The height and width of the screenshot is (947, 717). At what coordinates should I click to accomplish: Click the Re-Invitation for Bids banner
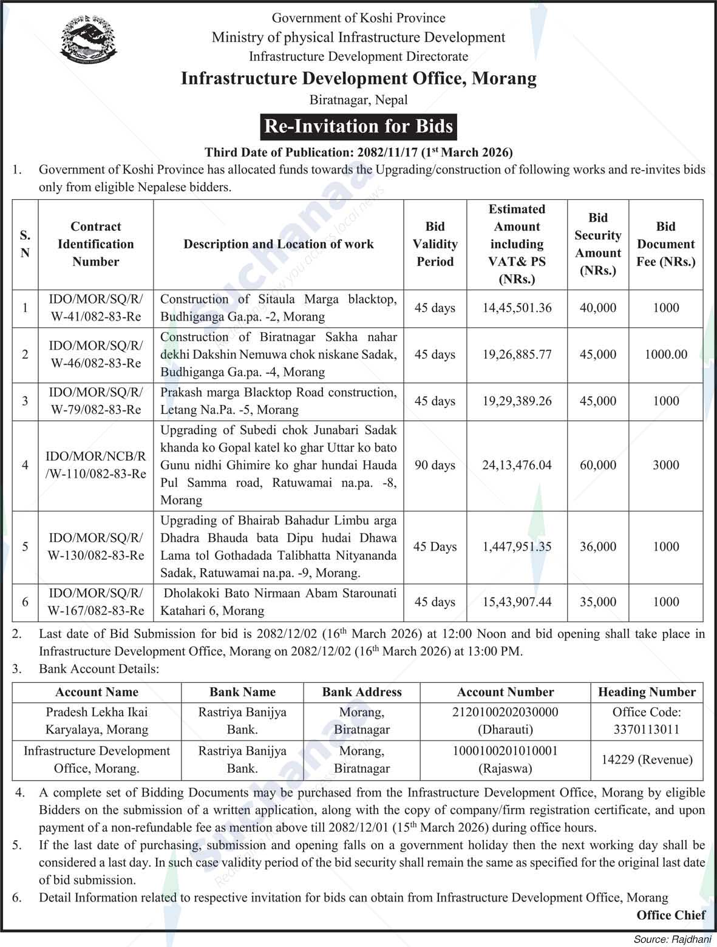359,126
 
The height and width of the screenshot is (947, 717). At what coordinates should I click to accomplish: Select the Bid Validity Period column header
435,244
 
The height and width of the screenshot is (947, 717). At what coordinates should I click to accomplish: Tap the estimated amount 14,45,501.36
517,308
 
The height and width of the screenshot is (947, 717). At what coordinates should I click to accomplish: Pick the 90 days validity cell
435,465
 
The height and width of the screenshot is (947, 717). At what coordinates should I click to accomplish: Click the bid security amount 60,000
597,465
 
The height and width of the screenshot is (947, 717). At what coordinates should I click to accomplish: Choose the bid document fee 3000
665,465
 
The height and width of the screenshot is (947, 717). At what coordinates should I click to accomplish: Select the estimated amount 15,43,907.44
517,602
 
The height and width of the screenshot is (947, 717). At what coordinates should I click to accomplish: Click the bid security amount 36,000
597,546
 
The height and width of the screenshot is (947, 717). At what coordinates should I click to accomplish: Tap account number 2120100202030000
505,712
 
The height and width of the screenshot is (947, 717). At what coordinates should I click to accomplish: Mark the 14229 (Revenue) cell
647,759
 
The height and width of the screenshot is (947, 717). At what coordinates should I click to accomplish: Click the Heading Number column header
647,692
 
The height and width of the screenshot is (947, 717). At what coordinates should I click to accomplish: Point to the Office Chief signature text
671,915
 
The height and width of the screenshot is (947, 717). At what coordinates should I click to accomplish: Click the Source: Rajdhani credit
672,939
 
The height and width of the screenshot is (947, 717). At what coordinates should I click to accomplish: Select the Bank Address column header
362,692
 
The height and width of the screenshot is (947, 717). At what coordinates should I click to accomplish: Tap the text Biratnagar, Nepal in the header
358,100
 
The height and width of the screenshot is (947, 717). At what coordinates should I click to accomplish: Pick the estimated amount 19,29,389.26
517,401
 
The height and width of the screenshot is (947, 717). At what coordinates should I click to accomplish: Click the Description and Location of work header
279,244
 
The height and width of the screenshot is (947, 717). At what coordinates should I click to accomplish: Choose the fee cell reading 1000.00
665,355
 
